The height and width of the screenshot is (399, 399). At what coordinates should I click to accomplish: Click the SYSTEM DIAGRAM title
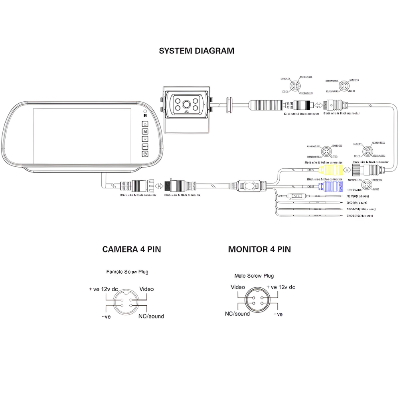pos(196,51)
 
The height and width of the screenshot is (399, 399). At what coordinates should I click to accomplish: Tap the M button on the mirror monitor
pos(145,132)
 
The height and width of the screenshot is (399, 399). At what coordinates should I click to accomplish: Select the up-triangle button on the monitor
pos(145,124)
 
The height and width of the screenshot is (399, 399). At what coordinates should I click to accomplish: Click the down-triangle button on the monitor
pos(145,139)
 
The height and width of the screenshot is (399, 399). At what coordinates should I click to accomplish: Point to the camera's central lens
pos(187,105)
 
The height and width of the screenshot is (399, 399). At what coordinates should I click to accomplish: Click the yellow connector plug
pos(331,170)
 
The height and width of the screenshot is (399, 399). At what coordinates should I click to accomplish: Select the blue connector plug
pos(330,186)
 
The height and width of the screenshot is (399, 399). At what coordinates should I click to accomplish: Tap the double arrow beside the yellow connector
pos(347,170)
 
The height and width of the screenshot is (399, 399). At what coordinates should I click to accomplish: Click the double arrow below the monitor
pos(159,186)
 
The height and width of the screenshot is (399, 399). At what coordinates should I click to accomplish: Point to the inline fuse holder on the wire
pos(296,196)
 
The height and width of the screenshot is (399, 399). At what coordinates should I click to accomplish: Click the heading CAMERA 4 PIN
pos(132,249)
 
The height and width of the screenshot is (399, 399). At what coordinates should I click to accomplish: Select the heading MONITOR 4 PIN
pos(259,249)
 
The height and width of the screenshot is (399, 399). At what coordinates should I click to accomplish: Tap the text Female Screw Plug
pos(127,272)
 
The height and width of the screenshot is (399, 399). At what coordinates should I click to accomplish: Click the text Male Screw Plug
pos(254,276)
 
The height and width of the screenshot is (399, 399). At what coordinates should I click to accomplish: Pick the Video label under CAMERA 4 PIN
pos(146,289)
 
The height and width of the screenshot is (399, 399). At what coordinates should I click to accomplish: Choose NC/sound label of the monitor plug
pos(237,314)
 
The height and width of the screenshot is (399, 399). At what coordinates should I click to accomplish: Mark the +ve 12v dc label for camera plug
pos(103,289)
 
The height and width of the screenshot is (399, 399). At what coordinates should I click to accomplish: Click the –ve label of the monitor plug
pos(278,314)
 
